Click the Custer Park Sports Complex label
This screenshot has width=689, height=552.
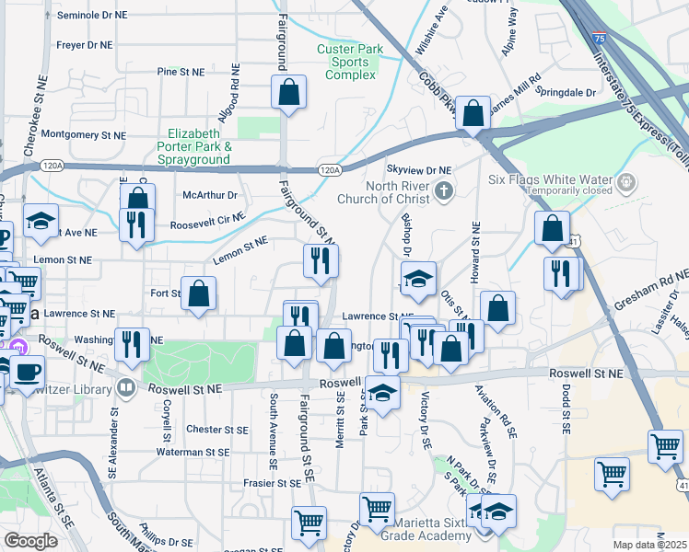coord(345,62)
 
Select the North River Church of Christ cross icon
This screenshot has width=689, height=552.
coord(444,191)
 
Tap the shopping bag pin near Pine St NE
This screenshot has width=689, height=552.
coord(288,92)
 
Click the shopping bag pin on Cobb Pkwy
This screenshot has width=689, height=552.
coord(473,114)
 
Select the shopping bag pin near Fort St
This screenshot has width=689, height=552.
coord(198,293)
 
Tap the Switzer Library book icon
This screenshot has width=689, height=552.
coord(125,386)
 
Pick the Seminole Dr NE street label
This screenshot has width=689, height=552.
coord(92,16)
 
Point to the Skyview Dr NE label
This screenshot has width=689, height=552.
coord(419,170)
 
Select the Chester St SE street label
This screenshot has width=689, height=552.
coord(217,430)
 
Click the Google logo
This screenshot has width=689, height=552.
coord(30,541)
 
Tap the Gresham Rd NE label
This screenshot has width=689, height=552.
coord(660,289)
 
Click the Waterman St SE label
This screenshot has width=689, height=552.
coord(193,452)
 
